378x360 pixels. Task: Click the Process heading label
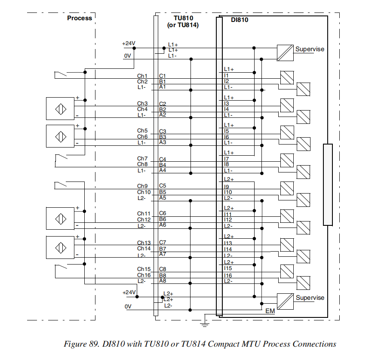coord(80,18)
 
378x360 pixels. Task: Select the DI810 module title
coord(240,19)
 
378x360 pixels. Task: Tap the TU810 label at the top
coord(183,18)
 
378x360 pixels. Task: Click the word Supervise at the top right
coord(310,49)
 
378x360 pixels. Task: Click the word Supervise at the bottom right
coord(310,298)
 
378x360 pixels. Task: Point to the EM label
coord(270,311)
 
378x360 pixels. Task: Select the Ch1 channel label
coord(142,76)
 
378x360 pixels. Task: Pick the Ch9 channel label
coord(142,186)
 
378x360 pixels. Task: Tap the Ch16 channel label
coord(144,275)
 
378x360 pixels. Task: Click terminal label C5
coord(163,186)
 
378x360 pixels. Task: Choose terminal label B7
coord(163,249)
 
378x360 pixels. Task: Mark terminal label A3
coord(163,142)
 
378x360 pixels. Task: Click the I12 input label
coord(228,220)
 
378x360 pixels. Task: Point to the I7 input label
coord(226,159)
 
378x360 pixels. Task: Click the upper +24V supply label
coord(129,43)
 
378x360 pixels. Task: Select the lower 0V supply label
coord(128,307)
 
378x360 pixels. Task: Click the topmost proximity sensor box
coord(60,108)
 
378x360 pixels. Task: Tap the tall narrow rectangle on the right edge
coord(328,185)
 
